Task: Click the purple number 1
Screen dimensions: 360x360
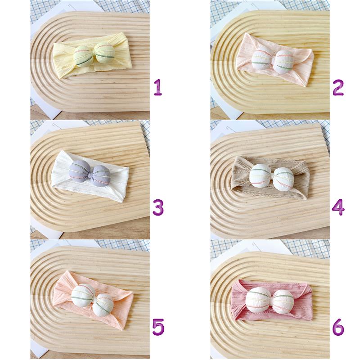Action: coord(158,87)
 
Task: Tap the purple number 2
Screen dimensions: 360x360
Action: coord(338,87)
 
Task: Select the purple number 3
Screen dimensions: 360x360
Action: coord(158,207)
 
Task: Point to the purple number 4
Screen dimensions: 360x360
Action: coord(338,207)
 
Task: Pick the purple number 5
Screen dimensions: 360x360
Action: coord(158,327)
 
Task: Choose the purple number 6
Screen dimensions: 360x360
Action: coord(338,327)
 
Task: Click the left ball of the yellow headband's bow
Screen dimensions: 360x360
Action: coord(84,56)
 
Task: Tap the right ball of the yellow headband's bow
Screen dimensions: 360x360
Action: coord(104,53)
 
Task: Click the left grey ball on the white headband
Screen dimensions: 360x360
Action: coord(79,171)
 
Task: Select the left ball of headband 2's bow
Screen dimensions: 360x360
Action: coord(262,59)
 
